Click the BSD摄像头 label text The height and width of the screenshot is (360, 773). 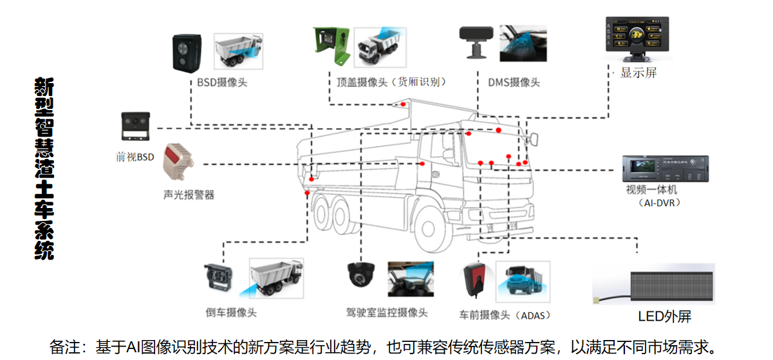pos(222,82)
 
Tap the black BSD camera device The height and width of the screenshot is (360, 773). pos(187,53)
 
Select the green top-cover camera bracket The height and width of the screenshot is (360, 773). pos(331,45)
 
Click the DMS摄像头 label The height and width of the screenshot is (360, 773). pos(514,82)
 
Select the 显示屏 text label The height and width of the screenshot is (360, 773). pos(638,73)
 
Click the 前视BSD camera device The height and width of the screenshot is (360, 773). pos(135,126)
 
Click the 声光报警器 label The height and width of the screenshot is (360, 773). pos(189,194)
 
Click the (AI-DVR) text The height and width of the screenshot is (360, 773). pos(659,203)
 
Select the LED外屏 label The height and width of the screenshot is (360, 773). pos(664,316)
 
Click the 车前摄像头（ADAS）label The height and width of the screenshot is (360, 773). pos(505,315)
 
